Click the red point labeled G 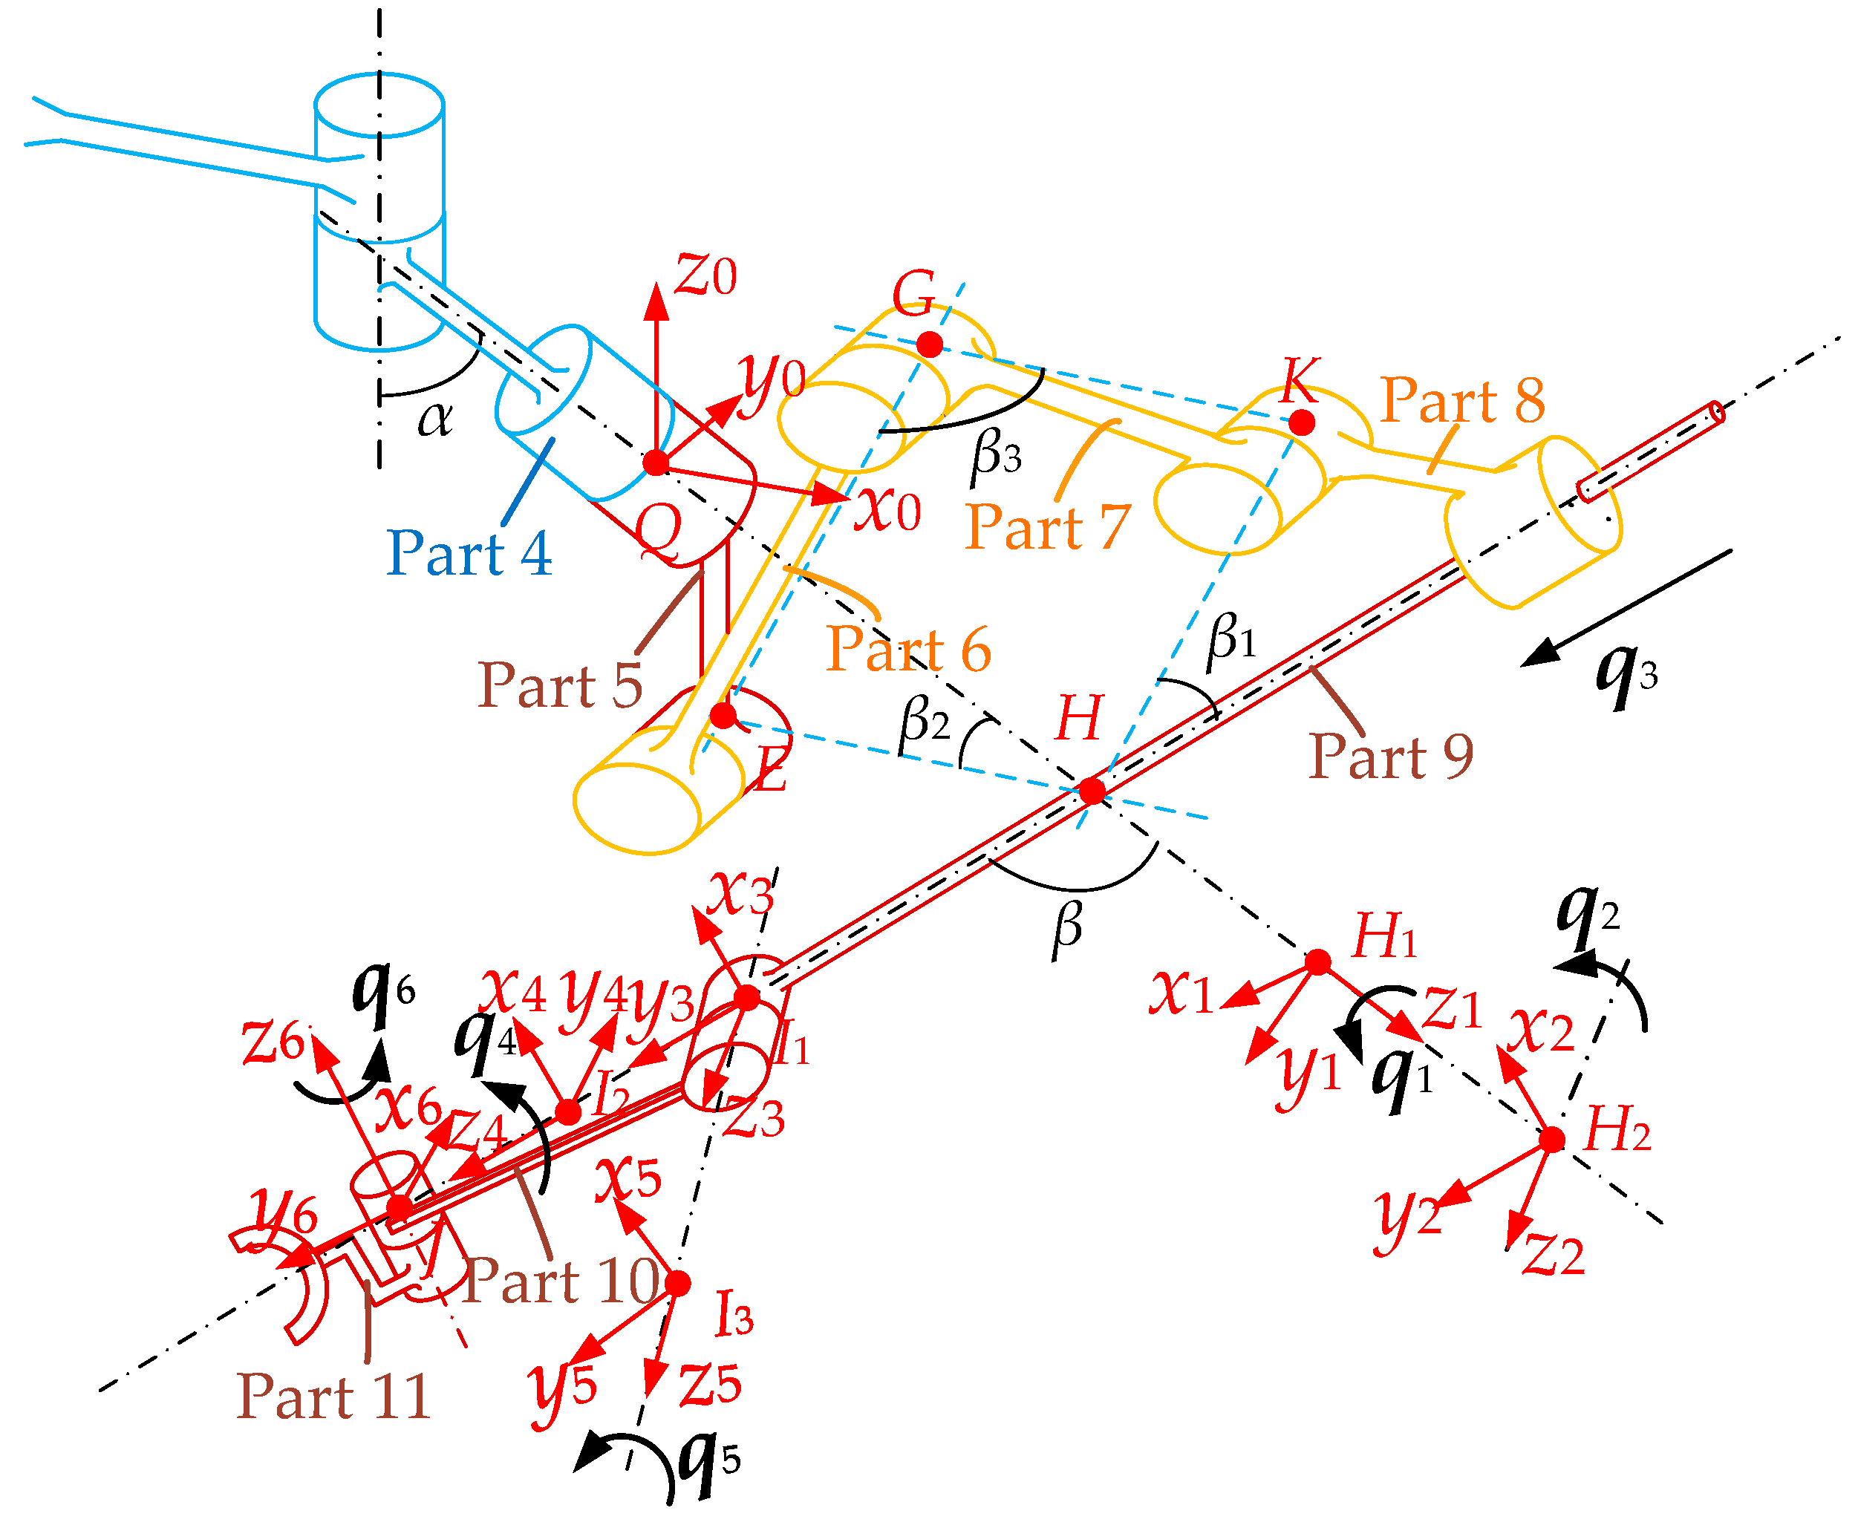pyautogui.click(x=930, y=344)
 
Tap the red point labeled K pyautogui.click(x=1301, y=422)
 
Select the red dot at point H pyautogui.click(x=1092, y=791)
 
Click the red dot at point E pyautogui.click(x=723, y=715)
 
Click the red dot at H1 pyautogui.click(x=1317, y=962)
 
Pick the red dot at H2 pyautogui.click(x=1552, y=1140)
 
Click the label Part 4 pyautogui.click(x=469, y=553)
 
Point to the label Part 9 pyautogui.click(x=1391, y=757)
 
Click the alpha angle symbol pyautogui.click(x=436, y=418)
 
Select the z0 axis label pyautogui.click(x=705, y=275)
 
